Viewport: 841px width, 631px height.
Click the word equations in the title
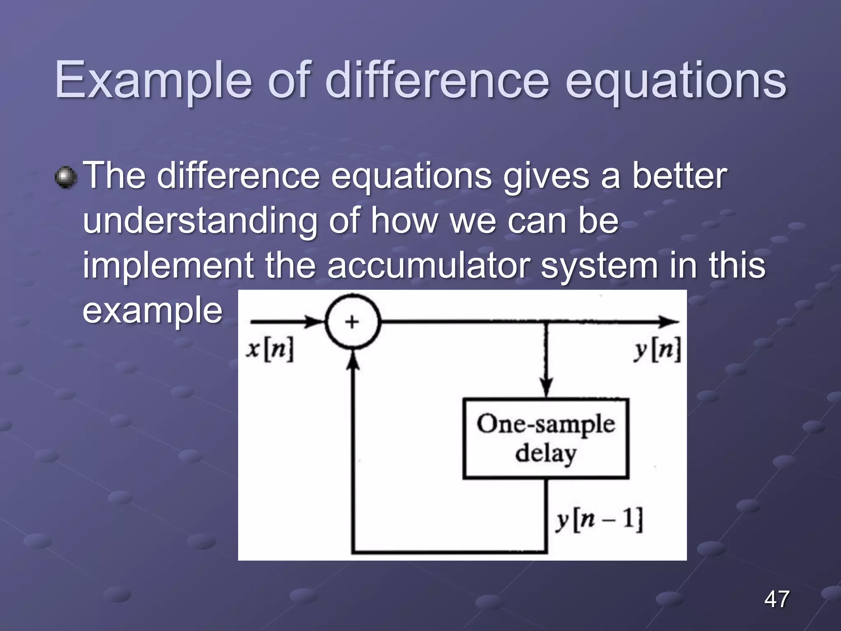(676, 80)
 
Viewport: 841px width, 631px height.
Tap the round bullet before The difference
(66, 177)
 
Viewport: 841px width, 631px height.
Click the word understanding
(200, 221)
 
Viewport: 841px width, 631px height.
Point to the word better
(679, 176)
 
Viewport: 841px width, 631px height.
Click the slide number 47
(777, 599)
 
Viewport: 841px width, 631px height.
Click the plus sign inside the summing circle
(352, 322)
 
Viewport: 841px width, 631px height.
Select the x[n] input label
(270, 350)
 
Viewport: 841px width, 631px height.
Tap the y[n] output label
(657, 350)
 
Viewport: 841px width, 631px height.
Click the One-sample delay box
(546, 438)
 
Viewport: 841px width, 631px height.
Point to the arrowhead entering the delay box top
(546, 389)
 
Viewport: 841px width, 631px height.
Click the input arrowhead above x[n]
(315, 322)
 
